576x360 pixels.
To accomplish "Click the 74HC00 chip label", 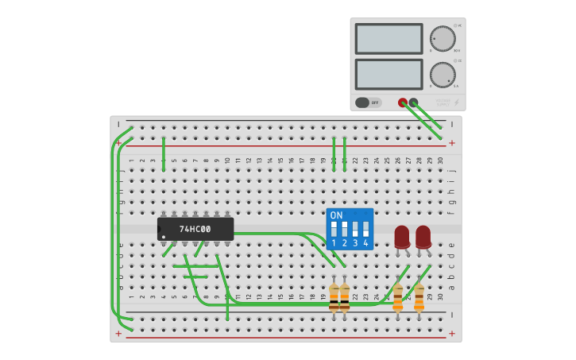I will click(x=195, y=230).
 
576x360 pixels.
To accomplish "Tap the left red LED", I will click(x=402, y=236).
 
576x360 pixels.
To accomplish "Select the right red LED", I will click(x=423, y=236).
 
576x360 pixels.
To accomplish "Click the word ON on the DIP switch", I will click(x=337, y=215).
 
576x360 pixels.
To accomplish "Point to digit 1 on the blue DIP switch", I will click(x=334, y=243).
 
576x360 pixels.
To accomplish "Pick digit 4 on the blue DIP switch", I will click(x=365, y=243).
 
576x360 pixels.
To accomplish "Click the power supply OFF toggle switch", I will click(x=368, y=103).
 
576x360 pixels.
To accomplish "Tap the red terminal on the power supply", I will click(x=403, y=103).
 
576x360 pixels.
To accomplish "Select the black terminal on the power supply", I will click(x=413, y=103).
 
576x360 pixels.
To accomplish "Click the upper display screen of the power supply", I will click(x=389, y=39).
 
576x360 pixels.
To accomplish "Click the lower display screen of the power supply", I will click(x=389, y=74).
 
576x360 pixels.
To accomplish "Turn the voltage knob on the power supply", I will click(x=443, y=39).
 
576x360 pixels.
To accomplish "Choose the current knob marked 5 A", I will click(x=443, y=75).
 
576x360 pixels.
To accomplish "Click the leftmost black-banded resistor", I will click(x=334, y=297).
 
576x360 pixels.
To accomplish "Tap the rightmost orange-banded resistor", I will click(x=419, y=297).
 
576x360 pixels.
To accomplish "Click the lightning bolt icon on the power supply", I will click(x=456, y=103).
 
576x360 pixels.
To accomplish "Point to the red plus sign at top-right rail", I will click(x=452, y=143).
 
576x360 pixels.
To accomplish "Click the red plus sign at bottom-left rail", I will click(x=118, y=334).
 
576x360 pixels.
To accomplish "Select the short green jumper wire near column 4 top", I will click(x=164, y=153).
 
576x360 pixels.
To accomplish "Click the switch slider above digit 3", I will click(x=355, y=229).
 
